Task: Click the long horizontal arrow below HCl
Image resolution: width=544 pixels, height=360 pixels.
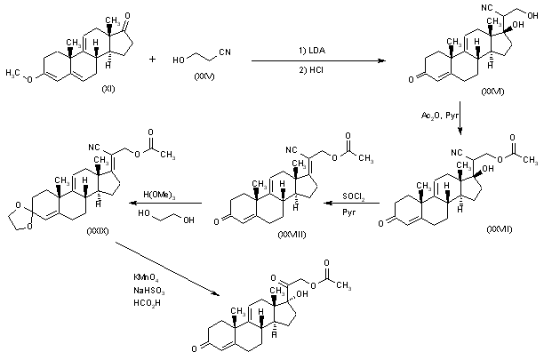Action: click(x=315, y=60)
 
